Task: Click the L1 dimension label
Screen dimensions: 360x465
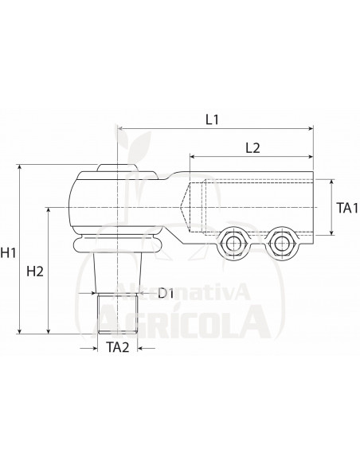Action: (x=213, y=119)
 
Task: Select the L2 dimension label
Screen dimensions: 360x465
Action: (x=252, y=148)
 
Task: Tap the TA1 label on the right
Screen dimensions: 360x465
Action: (x=347, y=208)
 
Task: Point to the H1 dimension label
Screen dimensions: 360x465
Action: (x=8, y=252)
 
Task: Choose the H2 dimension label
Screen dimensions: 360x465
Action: (x=35, y=272)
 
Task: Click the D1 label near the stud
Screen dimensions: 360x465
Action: (x=166, y=293)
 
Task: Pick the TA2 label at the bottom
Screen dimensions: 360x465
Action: (x=118, y=347)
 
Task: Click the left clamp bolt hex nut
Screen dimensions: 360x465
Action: (x=233, y=244)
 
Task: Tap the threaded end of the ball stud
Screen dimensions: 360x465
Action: (x=118, y=314)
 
